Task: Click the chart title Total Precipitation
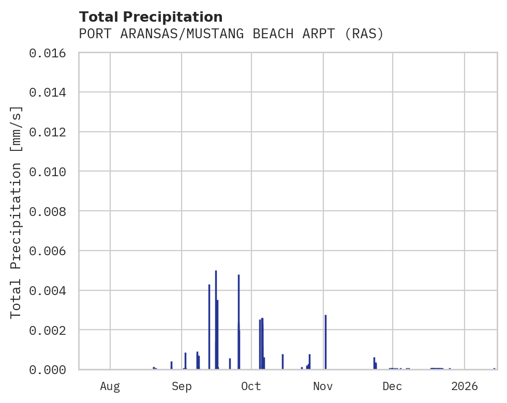pyautogui.click(x=151, y=17)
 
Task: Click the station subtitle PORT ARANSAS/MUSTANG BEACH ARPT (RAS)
pyautogui.click(x=231, y=34)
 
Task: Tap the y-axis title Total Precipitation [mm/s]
pyautogui.click(x=17, y=211)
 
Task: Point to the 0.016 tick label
pyautogui.click(x=50, y=53)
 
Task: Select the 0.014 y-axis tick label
pyautogui.click(x=50, y=92)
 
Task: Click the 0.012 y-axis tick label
pyautogui.click(x=50, y=132)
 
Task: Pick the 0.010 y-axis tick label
pyautogui.click(x=50, y=172)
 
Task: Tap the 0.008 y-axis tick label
pyautogui.click(x=50, y=211)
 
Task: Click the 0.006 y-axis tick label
pyautogui.click(x=50, y=251)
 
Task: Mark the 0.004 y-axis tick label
pyautogui.click(x=50, y=290)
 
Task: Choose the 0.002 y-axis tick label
pyautogui.click(x=50, y=330)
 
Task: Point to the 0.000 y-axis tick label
pyautogui.click(x=50, y=369)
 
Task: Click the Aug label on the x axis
pyautogui.click(x=110, y=386)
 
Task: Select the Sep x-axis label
pyautogui.click(x=182, y=386)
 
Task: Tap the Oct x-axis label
pyautogui.click(x=251, y=386)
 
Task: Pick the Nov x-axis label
pyautogui.click(x=323, y=386)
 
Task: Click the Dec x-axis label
pyautogui.click(x=393, y=386)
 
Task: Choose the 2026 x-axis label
pyautogui.click(x=465, y=386)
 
